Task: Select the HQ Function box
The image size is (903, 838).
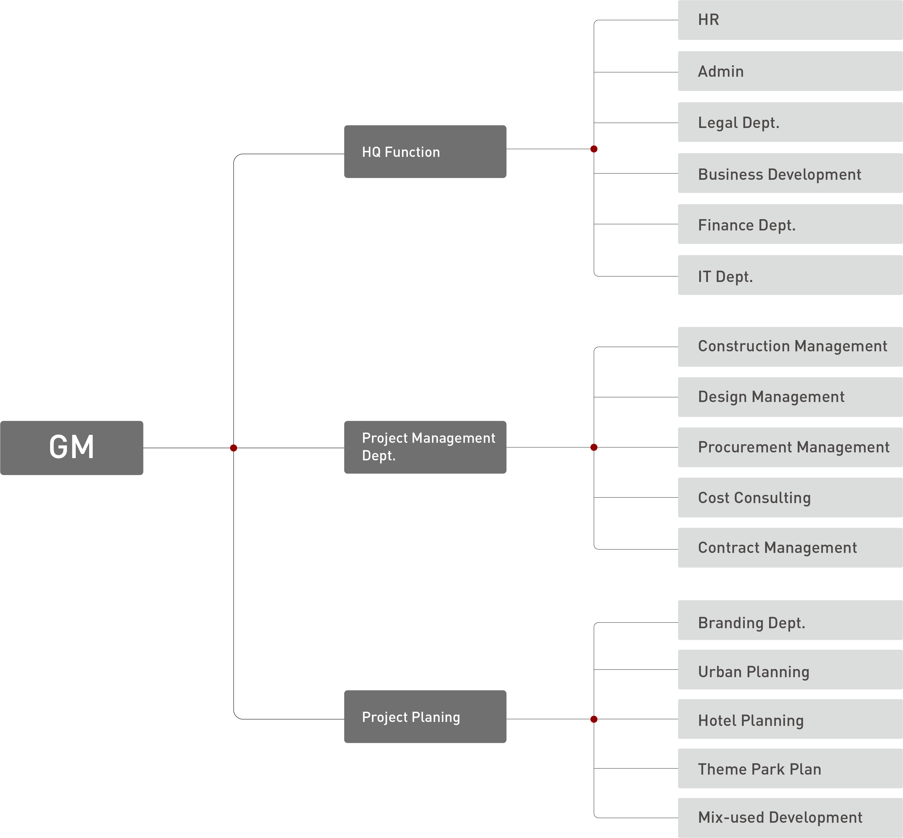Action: (425, 151)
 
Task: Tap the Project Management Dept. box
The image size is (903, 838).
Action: (425, 447)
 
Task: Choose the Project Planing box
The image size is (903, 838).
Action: (425, 717)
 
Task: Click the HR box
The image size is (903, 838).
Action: (790, 20)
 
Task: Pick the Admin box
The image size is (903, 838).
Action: (790, 71)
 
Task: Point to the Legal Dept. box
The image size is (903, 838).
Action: (790, 122)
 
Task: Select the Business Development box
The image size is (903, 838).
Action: (790, 174)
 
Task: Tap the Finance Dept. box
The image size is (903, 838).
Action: (790, 225)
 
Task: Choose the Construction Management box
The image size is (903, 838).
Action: (790, 347)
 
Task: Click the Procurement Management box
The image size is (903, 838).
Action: (790, 447)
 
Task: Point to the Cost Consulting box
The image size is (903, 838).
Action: (790, 497)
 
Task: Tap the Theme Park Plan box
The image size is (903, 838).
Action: (790, 769)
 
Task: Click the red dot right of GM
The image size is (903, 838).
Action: (234, 448)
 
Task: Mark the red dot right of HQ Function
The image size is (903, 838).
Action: (594, 149)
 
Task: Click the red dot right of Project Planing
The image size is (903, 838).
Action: (594, 719)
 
